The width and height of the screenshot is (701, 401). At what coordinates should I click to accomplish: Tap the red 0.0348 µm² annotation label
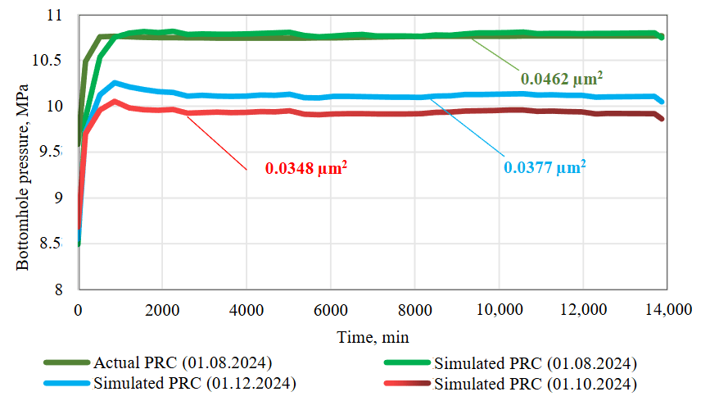[x=305, y=168]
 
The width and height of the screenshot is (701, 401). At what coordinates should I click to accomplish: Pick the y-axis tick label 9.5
[x=51, y=152]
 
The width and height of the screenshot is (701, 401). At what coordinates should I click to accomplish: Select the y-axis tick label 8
[x=58, y=289]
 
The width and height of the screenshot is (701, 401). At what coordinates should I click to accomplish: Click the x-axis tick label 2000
[x=162, y=309]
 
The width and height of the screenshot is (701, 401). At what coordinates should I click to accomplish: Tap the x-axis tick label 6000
[x=330, y=309]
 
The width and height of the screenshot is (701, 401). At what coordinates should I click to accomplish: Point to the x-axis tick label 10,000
[x=499, y=309]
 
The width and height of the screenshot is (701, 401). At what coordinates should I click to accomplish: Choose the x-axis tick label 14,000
[x=667, y=309]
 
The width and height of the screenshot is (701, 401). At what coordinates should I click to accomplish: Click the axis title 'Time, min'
[x=373, y=337]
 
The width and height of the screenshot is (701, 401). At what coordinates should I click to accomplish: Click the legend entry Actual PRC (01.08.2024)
[x=181, y=362]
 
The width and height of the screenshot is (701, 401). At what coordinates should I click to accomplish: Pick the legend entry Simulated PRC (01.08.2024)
[x=536, y=362]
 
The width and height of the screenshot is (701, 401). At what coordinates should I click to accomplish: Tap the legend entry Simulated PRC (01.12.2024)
[x=195, y=383]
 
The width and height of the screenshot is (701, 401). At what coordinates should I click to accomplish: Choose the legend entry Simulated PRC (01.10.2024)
[x=536, y=383]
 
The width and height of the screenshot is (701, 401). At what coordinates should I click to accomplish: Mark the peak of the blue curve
[x=115, y=83]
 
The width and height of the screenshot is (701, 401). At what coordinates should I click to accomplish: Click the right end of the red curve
[x=662, y=119]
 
